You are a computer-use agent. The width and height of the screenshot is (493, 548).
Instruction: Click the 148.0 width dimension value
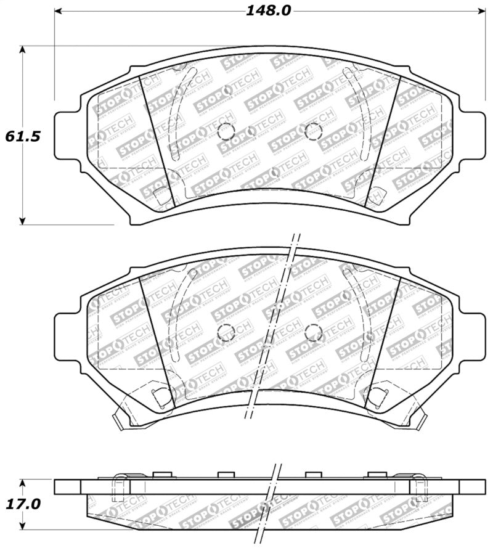pyautogui.click(x=268, y=10)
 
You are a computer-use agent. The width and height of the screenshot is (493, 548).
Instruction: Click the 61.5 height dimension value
pyautogui.click(x=23, y=136)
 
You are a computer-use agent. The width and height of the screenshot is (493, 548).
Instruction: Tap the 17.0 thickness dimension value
pyautogui.click(x=23, y=504)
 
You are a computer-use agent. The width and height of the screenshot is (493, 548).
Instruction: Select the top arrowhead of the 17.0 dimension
pyautogui.click(x=23, y=483)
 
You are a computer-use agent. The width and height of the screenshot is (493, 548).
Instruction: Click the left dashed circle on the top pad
pyautogui.click(x=226, y=131)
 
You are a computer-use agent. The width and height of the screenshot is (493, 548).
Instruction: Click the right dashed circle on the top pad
pyautogui.click(x=314, y=131)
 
